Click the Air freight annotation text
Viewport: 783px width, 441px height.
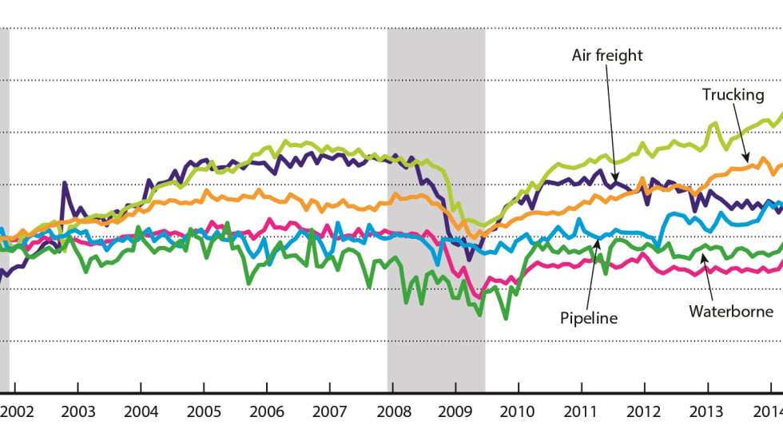coord(607,55)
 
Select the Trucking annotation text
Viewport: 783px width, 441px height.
coord(733,94)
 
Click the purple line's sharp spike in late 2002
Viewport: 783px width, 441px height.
coord(64,184)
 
